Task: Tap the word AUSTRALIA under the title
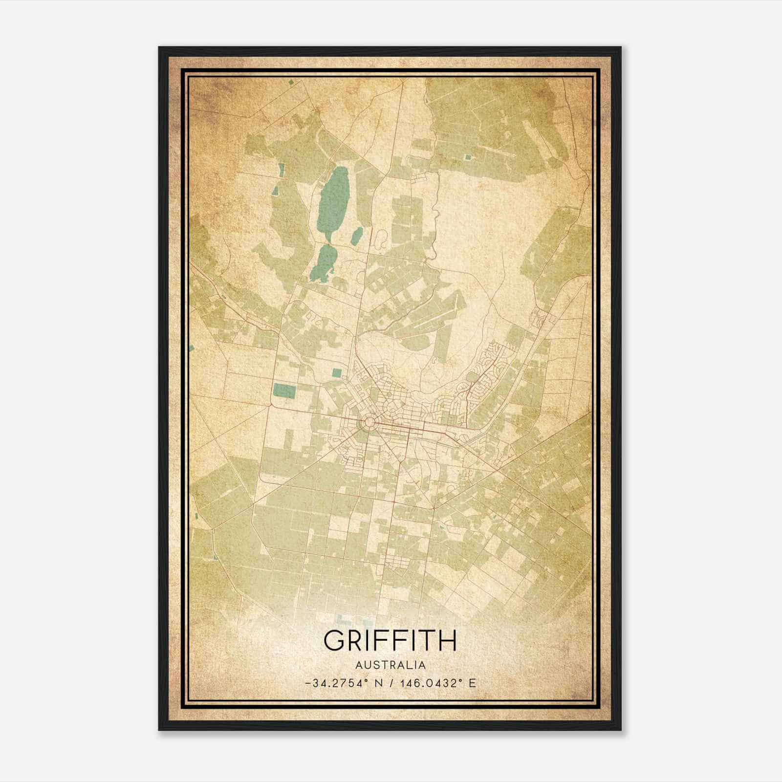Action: click(x=390, y=665)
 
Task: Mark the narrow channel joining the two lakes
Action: click(x=328, y=242)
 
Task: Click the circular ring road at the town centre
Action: click(x=369, y=423)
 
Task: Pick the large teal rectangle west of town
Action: click(x=284, y=391)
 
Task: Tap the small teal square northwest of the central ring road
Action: click(x=336, y=373)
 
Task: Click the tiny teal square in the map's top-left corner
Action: click(x=291, y=84)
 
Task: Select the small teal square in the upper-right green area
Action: click(x=468, y=157)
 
